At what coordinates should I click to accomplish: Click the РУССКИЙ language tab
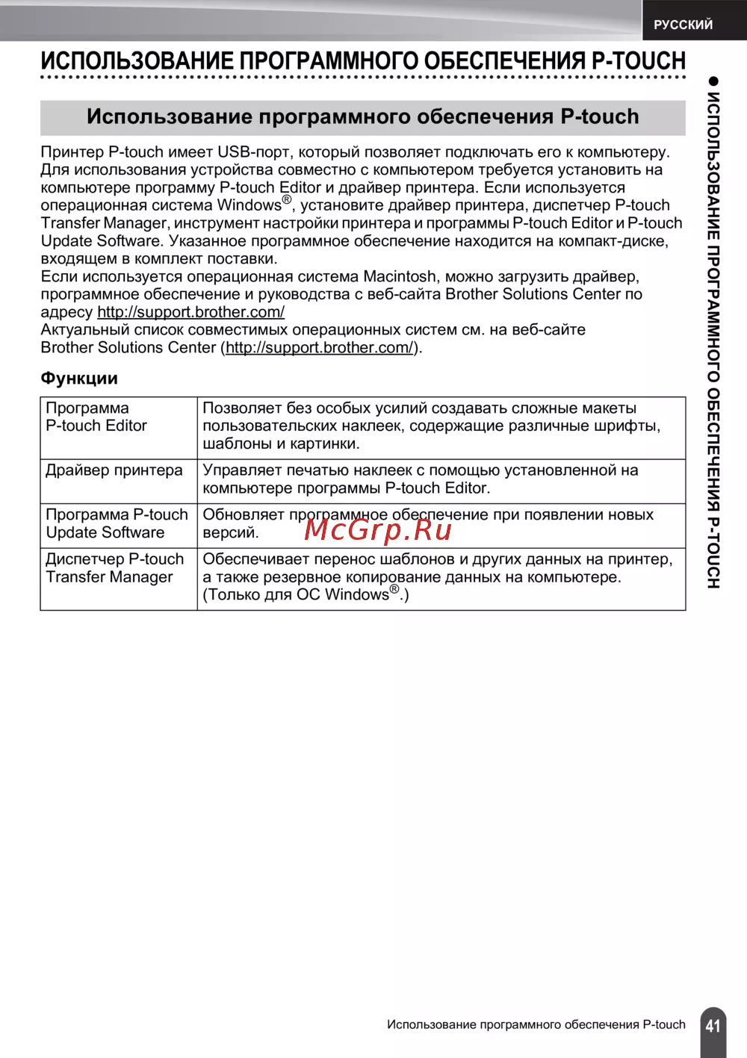point(683,25)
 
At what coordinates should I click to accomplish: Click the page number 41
point(713,1025)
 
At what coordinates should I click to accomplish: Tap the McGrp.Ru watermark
point(379,529)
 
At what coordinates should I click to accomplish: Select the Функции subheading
point(79,379)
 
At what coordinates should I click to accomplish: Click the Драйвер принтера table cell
point(114,470)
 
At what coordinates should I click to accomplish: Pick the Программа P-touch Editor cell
point(96,417)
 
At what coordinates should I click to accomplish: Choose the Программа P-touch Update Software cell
point(117,523)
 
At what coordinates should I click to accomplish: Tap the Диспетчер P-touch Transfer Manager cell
point(114,568)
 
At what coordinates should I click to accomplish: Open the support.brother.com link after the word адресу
point(190,312)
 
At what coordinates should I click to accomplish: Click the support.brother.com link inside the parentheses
point(320,348)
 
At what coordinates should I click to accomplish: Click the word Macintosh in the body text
point(400,277)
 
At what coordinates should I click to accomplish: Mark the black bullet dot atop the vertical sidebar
point(713,81)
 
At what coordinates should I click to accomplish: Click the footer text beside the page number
point(536,1024)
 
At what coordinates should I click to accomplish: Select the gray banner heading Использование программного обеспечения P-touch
point(363,117)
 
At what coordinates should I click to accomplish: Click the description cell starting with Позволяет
point(441,426)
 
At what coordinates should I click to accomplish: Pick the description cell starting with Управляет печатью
point(441,479)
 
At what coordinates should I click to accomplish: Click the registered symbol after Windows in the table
point(394,589)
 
